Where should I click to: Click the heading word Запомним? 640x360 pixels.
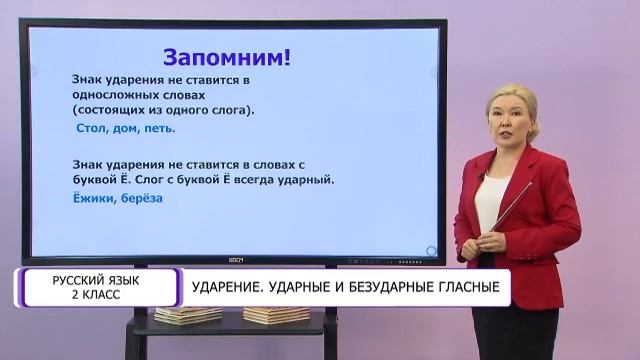click(226, 57)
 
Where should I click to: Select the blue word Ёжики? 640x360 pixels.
click(94, 199)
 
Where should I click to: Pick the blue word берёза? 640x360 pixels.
click(144, 199)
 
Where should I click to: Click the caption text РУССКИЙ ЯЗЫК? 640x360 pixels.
click(96, 281)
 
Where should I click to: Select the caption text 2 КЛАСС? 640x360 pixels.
click(96, 296)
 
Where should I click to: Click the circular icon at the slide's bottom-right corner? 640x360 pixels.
click(430, 250)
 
